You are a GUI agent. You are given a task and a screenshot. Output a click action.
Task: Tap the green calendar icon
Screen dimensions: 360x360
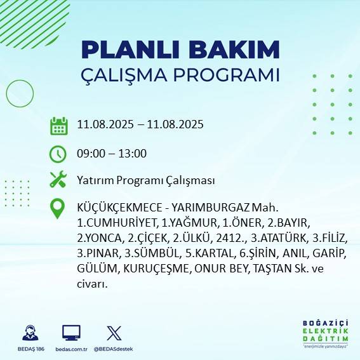(x=58, y=125)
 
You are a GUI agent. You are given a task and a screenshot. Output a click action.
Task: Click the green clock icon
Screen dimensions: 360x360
(x=58, y=154)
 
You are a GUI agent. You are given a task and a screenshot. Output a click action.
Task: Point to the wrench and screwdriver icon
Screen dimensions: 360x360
(x=58, y=180)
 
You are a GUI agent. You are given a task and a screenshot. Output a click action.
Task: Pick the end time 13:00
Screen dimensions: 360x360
(x=133, y=154)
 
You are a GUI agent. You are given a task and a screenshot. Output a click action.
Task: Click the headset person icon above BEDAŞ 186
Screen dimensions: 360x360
(x=29, y=333)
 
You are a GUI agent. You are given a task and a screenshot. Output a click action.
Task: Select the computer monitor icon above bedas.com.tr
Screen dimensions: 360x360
(x=71, y=333)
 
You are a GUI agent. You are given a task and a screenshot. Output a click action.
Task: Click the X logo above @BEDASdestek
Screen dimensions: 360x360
(x=114, y=333)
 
